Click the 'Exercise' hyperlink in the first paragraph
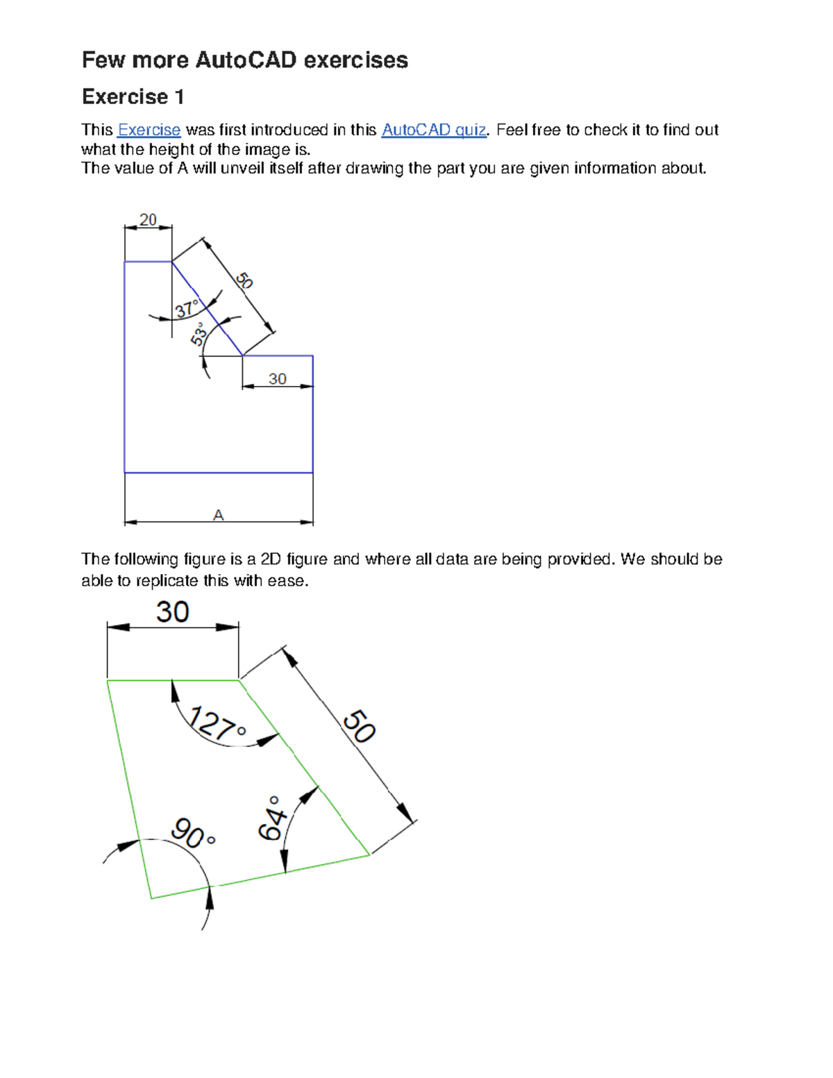(149, 130)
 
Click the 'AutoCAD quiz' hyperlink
(434, 130)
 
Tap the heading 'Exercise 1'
(133, 96)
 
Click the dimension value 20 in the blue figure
(148, 220)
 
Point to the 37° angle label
(186, 309)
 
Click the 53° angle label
(199, 334)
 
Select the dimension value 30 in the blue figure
(277, 379)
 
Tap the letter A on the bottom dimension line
(218, 515)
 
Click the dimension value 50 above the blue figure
(244, 280)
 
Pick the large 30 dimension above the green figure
(172, 612)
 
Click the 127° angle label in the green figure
(217, 723)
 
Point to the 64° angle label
(272, 818)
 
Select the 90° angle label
(193, 834)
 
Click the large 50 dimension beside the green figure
(359, 726)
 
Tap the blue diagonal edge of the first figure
(207, 308)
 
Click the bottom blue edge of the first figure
(218, 473)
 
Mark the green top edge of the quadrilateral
(174, 681)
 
